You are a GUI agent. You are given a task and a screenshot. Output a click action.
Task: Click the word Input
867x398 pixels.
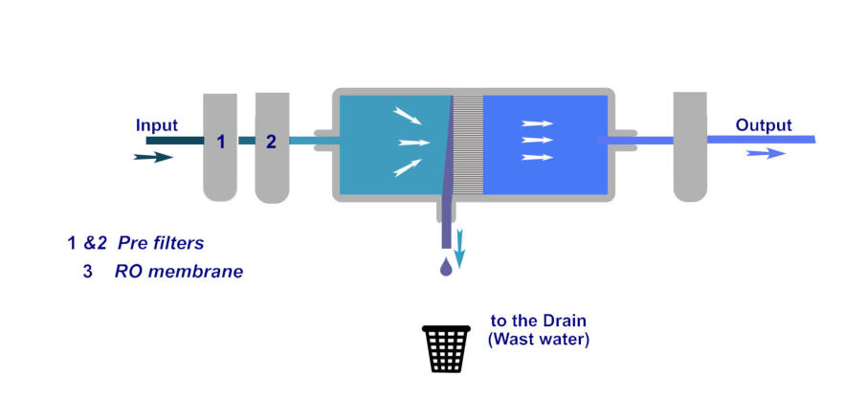point(157,125)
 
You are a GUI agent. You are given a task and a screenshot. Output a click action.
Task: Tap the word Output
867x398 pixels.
point(763,125)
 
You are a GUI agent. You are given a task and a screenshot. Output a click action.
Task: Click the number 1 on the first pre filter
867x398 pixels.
point(220,143)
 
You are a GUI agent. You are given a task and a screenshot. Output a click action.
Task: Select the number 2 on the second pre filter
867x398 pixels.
point(271,143)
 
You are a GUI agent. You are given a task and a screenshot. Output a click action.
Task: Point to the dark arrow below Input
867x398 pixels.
point(153,156)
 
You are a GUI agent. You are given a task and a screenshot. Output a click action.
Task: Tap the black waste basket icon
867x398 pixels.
point(447,349)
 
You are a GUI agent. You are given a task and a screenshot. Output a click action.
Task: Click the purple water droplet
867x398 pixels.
point(446,269)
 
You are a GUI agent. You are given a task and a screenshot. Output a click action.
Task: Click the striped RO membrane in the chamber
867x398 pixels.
point(467,144)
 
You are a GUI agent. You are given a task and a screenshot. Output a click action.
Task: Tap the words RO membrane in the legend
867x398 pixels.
point(178,272)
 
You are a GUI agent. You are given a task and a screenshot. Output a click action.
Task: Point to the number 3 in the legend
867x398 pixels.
point(87,272)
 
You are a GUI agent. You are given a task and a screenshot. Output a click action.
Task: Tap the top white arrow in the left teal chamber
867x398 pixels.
point(407,117)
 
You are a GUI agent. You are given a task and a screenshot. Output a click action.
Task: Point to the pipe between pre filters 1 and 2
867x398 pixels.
point(246,141)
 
